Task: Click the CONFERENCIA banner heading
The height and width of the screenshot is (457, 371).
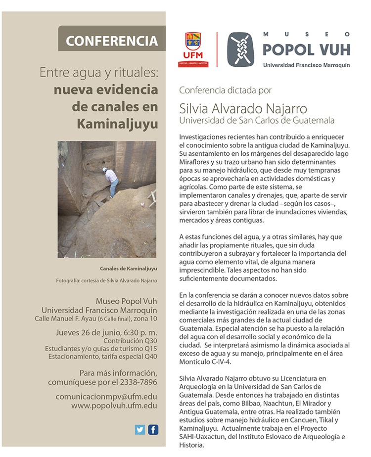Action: pyautogui.click(x=112, y=41)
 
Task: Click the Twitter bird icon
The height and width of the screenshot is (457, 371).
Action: pyautogui.click(x=140, y=429)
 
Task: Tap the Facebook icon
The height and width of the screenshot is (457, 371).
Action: pyautogui.click(x=153, y=429)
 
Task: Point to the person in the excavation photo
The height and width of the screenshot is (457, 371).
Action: pyautogui.click(x=112, y=181)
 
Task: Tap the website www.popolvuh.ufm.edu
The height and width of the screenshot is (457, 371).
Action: pyautogui.click(x=114, y=406)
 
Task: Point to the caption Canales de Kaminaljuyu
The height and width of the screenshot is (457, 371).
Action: pyautogui.click(x=128, y=270)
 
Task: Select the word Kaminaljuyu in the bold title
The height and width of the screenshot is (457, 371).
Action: pyautogui.click(x=117, y=123)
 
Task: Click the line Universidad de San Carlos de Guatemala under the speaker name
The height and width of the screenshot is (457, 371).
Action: pyautogui.click(x=257, y=120)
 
